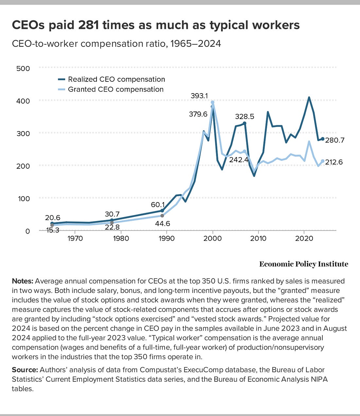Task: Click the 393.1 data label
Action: [x=199, y=96]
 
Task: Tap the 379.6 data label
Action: [x=198, y=114]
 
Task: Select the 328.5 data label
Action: [x=244, y=116]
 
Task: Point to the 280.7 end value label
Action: [x=334, y=140]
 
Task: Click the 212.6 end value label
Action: [x=334, y=162]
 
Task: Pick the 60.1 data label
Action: [x=158, y=205]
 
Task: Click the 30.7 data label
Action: [x=112, y=214]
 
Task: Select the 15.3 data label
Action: [x=52, y=230]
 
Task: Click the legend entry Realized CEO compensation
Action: [x=116, y=79]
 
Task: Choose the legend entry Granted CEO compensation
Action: [x=116, y=89]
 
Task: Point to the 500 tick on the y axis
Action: [x=23, y=69]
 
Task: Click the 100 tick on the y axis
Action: [x=23, y=199]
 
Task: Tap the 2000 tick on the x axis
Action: [x=213, y=238]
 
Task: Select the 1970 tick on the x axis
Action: [x=75, y=238]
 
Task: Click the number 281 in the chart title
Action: [x=88, y=25]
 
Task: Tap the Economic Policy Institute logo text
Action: [x=303, y=264]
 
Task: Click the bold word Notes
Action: [x=22, y=281]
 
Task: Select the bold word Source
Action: [x=25, y=370]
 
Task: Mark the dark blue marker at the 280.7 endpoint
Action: [x=323, y=139]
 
